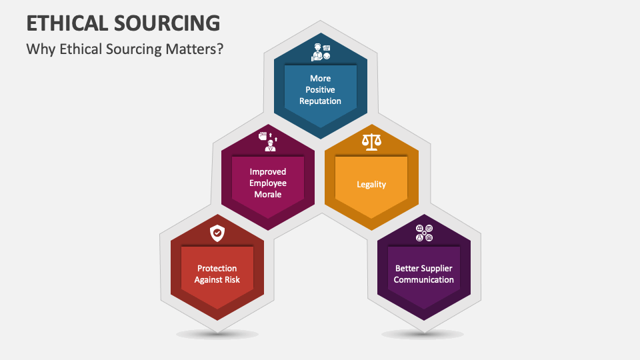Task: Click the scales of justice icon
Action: click(x=371, y=141)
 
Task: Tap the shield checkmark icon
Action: click(x=217, y=233)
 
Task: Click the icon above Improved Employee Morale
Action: click(x=267, y=141)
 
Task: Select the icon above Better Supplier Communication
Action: click(x=424, y=233)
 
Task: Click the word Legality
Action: click(x=371, y=184)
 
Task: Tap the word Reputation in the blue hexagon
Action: click(x=320, y=101)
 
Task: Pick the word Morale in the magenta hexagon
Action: click(x=267, y=195)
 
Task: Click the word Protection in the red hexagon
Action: click(x=217, y=269)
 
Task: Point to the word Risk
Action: click(x=232, y=280)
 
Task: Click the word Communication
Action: click(x=424, y=280)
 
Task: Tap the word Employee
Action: click(x=267, y=183)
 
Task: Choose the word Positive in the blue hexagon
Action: click(x=320, y=90)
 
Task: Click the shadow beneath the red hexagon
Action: click(x=217, y=334)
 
